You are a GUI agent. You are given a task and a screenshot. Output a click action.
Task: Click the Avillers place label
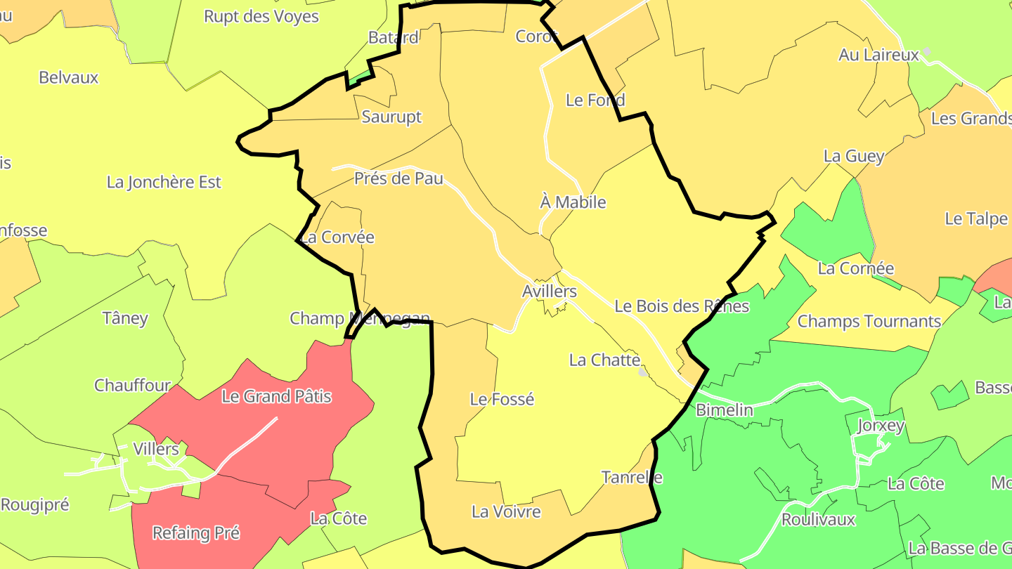pyautogui.click(x=549, y=291)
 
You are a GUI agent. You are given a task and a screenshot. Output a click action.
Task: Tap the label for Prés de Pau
pyautogui.click(x=398, y=178)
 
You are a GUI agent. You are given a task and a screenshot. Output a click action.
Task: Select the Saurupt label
pyautogui.click(x=391, y=117)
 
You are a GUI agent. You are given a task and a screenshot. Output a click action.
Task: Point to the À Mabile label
pyautogui.click(x=573, y=202)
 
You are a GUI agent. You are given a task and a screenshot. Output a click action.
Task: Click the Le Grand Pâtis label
pyautogui.click(x=276, y=396)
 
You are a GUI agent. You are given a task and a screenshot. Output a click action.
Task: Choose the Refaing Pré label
pyautogui.click(x=196, y=533)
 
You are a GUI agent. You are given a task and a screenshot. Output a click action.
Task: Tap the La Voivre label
pyautogui.click(x=506, y=511)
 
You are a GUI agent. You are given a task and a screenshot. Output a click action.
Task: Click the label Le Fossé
pyautogui.click(x=502, y=399)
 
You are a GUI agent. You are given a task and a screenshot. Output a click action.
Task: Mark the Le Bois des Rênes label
pyautogui.click(x=681, y=306)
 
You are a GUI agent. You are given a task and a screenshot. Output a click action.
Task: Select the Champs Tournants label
pyautogui.click(x=869, y=322)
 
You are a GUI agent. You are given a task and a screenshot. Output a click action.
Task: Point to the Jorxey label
pyautogui.click(x=881, y=426)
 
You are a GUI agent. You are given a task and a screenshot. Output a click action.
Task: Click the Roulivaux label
pyautogui.click(x=818, y=520)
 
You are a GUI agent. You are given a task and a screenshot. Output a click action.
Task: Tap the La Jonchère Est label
pyautogui.click(x=164, y=182)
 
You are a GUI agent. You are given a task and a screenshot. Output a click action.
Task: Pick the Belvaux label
pyautogui.click(x=69, y=77)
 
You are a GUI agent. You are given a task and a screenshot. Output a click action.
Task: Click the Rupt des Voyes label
pyautogui.click(x=261, y=16)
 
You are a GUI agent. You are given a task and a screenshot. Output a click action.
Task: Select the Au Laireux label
pyautogui.click(x=878, y=55)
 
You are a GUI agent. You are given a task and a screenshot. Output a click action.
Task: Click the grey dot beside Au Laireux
pyautogui.click(x=927, y=51)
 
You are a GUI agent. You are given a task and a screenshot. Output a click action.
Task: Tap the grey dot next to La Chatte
pyautogui.click(x=643, y=372)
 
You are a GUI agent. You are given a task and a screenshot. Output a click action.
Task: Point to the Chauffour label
pyautogui.click(x=132, y=385)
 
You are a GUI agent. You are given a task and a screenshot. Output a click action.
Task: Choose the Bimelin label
pyautogui.click(x=724, y=410)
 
